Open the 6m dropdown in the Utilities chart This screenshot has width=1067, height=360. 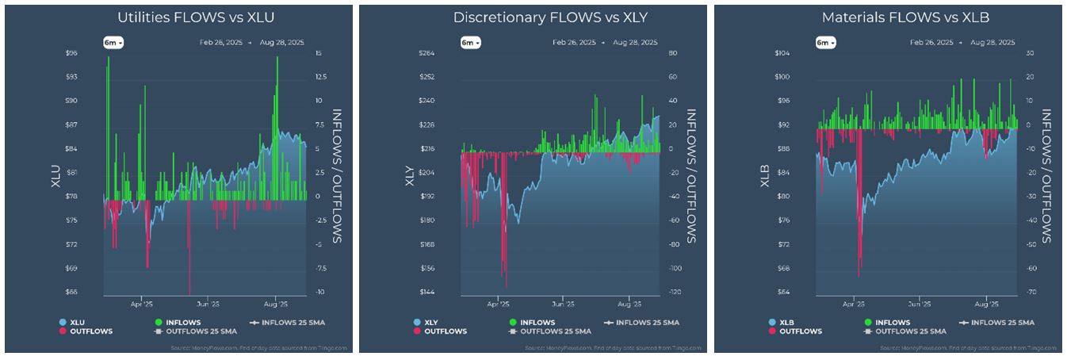click(x=113, y=43)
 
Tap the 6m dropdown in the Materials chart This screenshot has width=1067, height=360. click(x=824, y=43)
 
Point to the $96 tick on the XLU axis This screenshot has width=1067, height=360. click(x=71, y=53)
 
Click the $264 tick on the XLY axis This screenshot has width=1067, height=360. click(x=426, y=53)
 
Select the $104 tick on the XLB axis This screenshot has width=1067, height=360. click(x=782, y=53)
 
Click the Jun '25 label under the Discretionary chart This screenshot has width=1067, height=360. click(x=562, y=304)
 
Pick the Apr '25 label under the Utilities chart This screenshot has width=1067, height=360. click(x=141, y=304)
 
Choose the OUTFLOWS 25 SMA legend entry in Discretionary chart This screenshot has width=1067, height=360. click(x=555, y=331)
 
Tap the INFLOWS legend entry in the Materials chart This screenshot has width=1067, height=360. click(x=893, y=323)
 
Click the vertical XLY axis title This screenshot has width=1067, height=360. click(x=410, y=173)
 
